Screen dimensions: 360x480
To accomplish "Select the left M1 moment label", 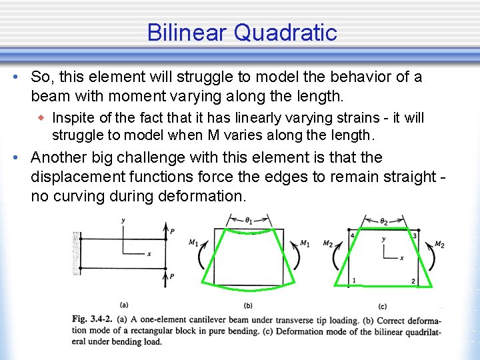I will point(193,243).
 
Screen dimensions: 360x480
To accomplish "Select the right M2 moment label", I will point(439,245).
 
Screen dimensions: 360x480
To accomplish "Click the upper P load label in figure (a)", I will point(173,231).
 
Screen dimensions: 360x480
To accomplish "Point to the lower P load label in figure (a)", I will point(173,276).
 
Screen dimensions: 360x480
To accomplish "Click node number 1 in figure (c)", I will point(354,280).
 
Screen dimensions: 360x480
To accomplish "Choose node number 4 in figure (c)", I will point(352,236).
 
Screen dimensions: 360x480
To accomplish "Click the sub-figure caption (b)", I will point(248,305).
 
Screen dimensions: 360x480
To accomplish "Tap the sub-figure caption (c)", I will point(382,307).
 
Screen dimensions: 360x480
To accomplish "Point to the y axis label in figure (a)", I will point(123,220).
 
